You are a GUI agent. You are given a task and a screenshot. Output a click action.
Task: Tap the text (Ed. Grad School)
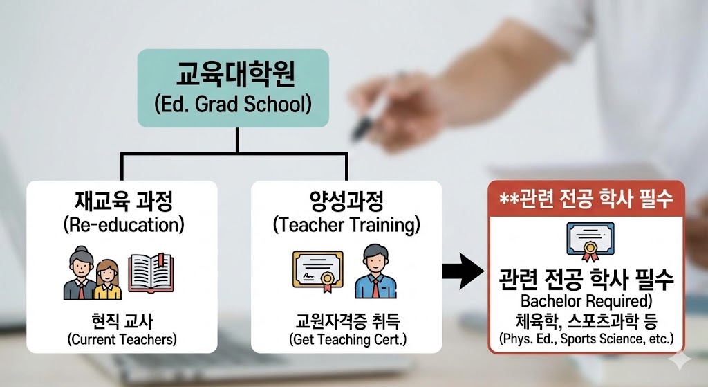[233, 104]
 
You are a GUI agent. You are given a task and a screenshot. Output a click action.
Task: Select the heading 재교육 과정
[123, 201]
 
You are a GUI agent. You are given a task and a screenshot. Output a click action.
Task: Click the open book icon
[151, 273]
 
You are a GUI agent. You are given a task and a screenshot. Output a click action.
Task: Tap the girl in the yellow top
[107, 280]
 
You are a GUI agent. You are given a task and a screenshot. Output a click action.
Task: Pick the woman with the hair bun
[80, 273]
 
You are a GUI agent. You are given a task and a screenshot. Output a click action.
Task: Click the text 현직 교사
[122, 321]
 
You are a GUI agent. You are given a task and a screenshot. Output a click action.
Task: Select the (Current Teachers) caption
[122, 339]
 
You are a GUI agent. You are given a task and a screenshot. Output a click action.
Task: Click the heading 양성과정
[346, 201]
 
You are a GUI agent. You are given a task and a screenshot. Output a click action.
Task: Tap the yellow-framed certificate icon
[318, 271]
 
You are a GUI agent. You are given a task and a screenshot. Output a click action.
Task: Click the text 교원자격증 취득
[348, 321]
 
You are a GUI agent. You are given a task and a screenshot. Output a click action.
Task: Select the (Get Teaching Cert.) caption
[348, 339]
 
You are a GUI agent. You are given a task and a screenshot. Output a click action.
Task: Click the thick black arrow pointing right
[463, 271]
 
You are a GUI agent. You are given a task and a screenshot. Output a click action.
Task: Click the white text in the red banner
[586, 199]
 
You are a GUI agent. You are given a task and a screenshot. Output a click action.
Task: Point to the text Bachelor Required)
[586, 300]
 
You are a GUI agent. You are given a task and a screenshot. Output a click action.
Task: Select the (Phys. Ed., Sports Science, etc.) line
[586, 339]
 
